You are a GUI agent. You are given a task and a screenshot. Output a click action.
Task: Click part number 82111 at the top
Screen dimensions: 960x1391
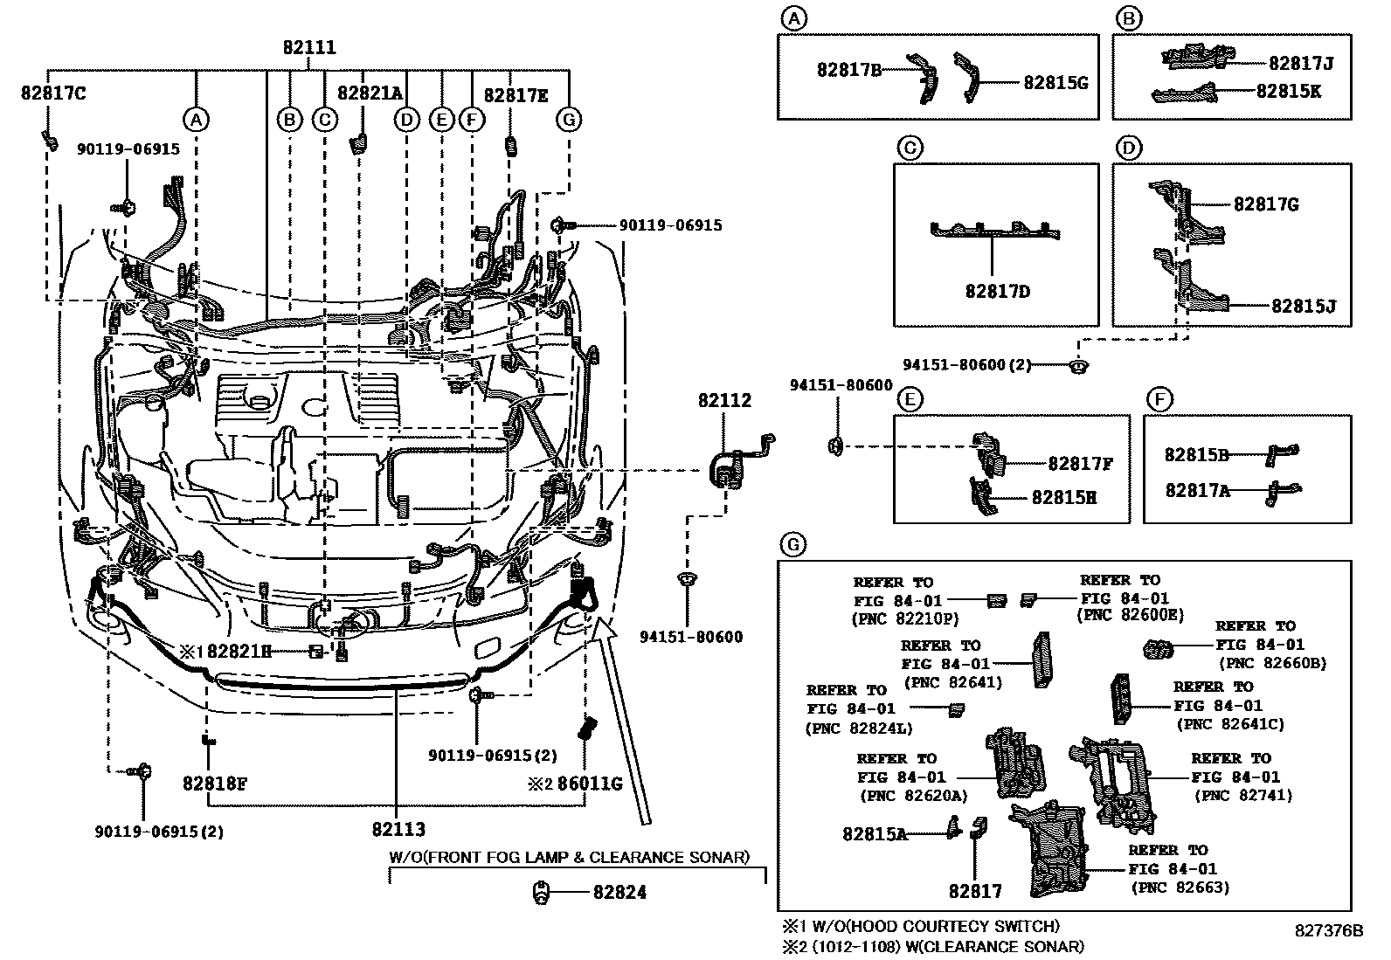click(309, 48)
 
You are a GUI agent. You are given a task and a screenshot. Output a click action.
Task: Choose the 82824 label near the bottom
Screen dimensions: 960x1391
click(619, 893)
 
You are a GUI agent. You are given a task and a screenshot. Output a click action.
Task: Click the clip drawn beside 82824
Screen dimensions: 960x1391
click(543, 892)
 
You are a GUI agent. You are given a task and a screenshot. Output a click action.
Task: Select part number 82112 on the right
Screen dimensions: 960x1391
click(724, 400)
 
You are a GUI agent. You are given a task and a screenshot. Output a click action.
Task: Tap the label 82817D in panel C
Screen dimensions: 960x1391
click(998, 291)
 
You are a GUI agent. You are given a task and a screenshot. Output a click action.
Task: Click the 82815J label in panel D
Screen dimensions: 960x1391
click(1304, 306)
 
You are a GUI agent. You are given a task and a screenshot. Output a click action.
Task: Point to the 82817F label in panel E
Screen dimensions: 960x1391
click(1081, 464)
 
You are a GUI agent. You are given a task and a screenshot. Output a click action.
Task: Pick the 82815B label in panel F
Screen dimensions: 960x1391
click(1197, 454)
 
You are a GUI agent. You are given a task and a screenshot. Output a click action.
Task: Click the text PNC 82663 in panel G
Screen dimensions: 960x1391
click(1180, 887)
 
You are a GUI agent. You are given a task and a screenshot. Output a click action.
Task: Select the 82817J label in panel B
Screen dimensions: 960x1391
click(1301, 63)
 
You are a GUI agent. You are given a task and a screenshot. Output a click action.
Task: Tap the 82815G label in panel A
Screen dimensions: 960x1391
click(1055, 83)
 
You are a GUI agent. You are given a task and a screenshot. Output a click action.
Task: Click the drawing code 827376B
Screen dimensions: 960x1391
click(1329, 930)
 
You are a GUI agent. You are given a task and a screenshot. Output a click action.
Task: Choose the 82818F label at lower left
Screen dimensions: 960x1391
click(215, 784)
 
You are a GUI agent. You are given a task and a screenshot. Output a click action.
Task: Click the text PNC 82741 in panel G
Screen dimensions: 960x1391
click(1243, 795)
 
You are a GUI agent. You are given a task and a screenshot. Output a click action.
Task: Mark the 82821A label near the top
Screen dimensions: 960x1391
click(370, 93)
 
